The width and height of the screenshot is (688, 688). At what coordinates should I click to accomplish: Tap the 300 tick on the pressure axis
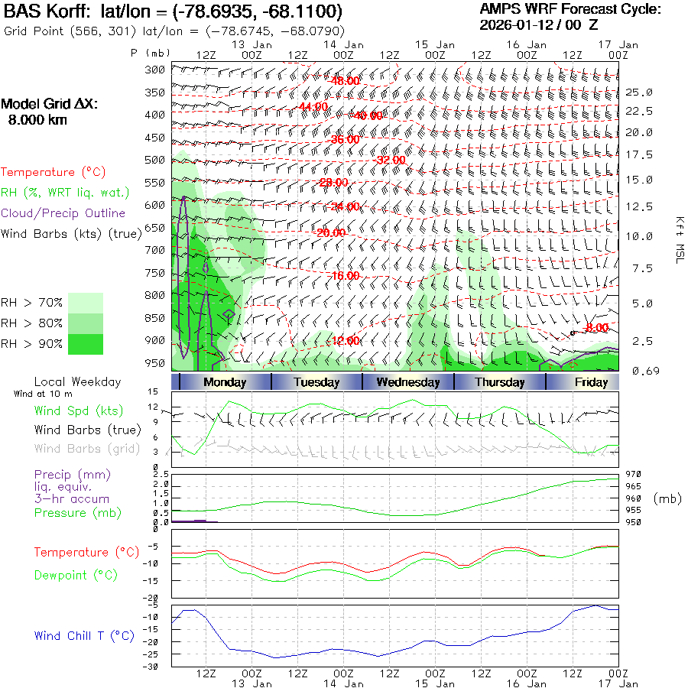pos(156,70)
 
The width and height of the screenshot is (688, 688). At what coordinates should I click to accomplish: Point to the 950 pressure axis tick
pos(156,362)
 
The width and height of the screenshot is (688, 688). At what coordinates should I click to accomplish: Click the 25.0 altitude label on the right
pos(639,92)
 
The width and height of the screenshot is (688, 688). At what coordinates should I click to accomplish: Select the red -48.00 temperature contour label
pos(343,81)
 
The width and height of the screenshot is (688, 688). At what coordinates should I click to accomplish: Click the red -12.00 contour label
pos(343,341)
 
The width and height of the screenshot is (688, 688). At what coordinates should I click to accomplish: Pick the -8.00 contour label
pos(596,328)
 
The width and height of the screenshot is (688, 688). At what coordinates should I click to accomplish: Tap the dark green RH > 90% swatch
pos(86,344)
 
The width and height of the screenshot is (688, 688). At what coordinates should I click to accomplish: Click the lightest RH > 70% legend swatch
pos(86,302)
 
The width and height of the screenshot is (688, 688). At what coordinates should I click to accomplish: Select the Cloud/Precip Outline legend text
pos(63,213)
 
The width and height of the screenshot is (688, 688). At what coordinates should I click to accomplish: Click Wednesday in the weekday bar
pos(408,382)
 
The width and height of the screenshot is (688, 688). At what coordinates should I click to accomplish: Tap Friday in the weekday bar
pos(592,382)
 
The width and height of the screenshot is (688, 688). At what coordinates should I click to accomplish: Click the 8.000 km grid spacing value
pos(37,120)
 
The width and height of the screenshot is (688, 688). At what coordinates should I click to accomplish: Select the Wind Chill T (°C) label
pos(84,635)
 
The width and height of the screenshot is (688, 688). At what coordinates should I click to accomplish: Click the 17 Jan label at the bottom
pos(618,683)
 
